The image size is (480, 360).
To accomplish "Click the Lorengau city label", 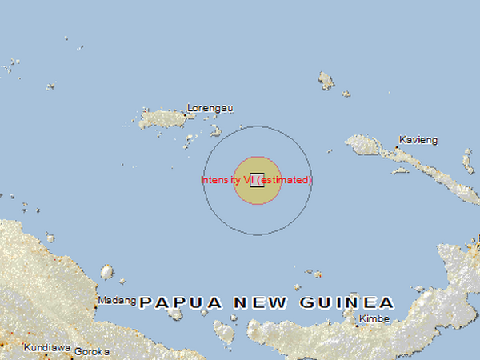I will [202, 107].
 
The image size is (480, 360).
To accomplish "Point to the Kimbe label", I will [374, 319].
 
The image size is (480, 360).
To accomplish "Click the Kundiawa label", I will [47, 350].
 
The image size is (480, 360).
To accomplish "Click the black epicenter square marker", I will [257, 180].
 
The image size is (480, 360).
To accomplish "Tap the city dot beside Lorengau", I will [185, 114].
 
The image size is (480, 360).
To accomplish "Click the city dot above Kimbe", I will [357, 326].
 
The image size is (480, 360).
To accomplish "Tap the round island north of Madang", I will [106, 272].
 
